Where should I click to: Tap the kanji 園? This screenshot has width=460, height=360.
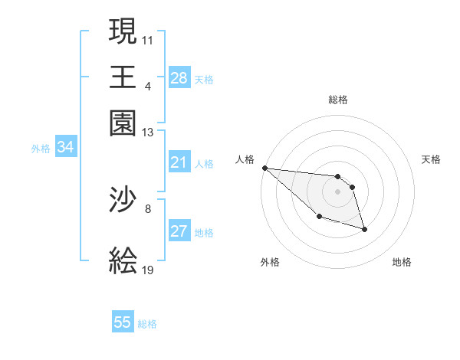(123, 123)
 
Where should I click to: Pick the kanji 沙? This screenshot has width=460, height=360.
(123, 201)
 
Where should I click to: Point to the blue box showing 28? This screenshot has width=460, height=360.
(179, 78)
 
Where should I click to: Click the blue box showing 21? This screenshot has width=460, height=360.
(179, 162)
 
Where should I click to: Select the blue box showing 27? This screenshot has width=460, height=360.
(179, 232)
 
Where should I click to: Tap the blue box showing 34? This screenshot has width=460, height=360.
(65, 148)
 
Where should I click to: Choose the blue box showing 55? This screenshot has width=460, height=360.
(123, 322)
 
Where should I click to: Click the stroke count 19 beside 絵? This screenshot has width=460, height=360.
(148, 270)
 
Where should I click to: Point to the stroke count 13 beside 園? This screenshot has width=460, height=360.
(148, 133)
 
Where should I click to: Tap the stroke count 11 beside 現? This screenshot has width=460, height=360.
(148, 38)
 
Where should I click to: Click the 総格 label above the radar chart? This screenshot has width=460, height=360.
(338, 100)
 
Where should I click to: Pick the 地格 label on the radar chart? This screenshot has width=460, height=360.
(402, 262)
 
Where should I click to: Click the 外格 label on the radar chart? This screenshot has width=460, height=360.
(269, 262)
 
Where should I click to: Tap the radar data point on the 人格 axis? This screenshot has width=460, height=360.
(264, 168)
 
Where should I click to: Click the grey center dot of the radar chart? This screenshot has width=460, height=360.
(337, 191)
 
